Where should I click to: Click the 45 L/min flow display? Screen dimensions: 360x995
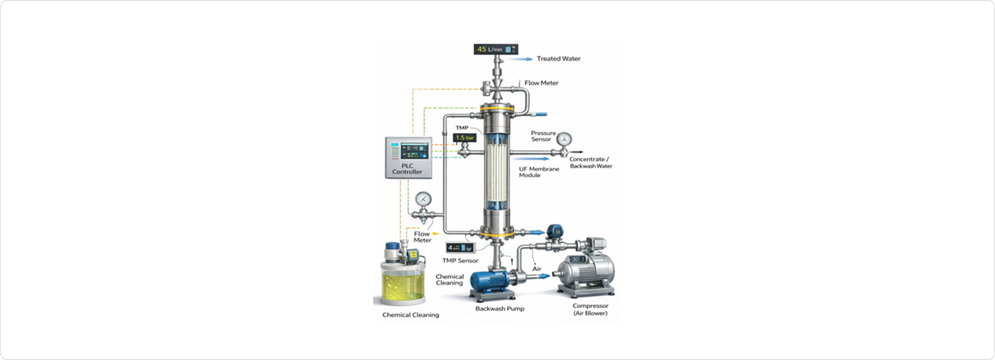tap(496, 49)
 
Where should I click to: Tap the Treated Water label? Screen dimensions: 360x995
tap(558, 59)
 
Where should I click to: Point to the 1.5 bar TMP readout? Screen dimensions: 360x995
tap(465, 137)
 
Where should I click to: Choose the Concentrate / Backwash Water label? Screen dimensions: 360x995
tap(591, 163)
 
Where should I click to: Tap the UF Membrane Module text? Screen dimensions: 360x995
tap(539, 172)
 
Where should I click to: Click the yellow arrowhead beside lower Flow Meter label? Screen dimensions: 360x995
tap(435, 234)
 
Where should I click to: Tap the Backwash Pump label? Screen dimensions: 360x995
tap(499, 309)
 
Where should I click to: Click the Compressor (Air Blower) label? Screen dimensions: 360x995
tap(590, 309)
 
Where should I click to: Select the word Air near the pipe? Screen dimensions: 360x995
tap(536, 269)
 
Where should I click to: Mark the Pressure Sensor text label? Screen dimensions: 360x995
tap(543, 136)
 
